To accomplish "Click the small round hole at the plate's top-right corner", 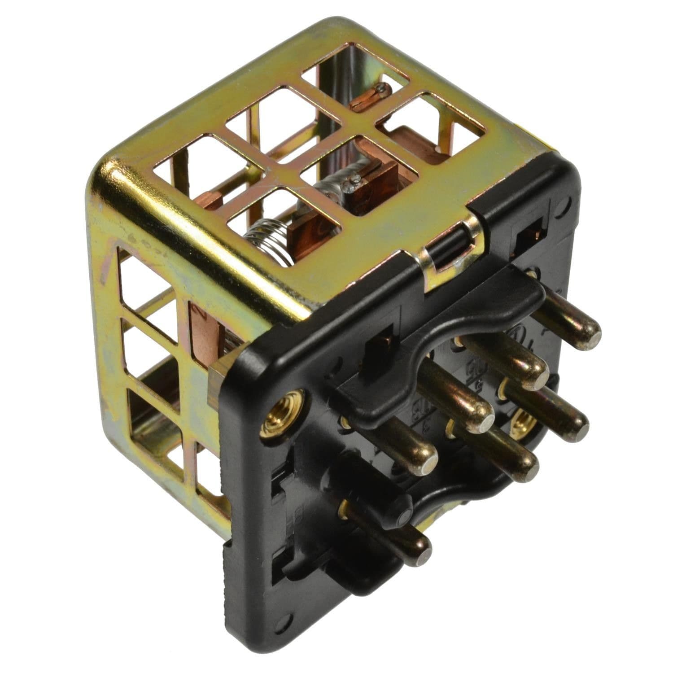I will pyautogui.click(x=570, y=202).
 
